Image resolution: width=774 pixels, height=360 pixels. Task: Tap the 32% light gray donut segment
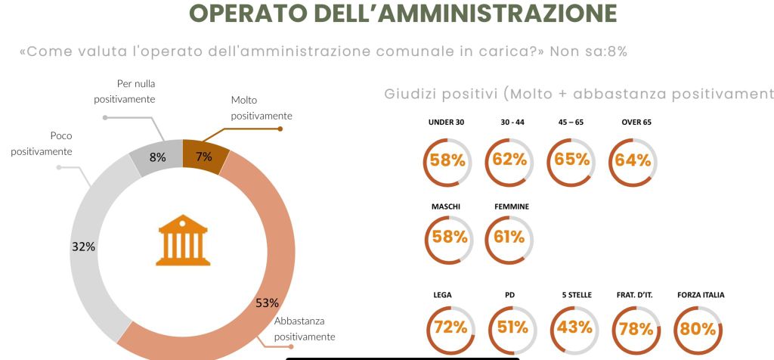click(85, 247)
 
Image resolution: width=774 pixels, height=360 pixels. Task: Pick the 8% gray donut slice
click(158, 157)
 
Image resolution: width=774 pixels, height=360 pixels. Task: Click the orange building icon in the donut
click(181, 240)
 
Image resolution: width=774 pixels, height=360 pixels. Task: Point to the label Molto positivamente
click(261, 108)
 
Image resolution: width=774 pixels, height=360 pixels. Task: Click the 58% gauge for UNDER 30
click(447, 160)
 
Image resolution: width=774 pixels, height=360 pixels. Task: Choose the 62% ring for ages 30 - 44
click(509, 160)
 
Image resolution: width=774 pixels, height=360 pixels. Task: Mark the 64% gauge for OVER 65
click(633, 160)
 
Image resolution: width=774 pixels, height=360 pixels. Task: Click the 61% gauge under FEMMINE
click(509, 237)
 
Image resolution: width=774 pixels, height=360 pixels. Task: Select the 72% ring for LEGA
click(447, 327)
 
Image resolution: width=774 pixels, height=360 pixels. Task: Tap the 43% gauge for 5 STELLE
click(571, 327)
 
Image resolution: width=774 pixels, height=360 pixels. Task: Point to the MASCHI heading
click(446, 206)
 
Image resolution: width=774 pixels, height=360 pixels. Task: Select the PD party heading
click(509, 295)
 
